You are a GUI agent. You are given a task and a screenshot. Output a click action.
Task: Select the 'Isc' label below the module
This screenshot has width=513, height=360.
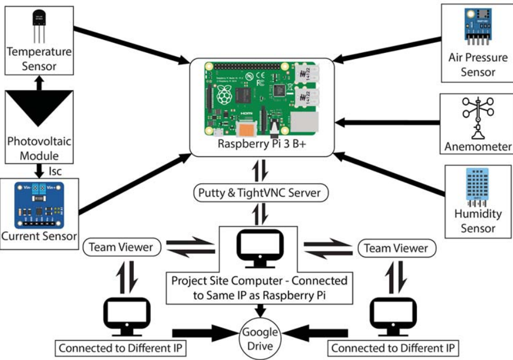pos(55,169)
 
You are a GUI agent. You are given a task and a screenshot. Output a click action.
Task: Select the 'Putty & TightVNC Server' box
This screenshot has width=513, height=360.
pos(259,193)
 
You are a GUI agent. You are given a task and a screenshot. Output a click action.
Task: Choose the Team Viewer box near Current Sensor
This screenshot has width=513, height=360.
pos(121,247)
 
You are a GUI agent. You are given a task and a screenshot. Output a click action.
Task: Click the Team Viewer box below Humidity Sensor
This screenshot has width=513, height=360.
pos(395,247)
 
